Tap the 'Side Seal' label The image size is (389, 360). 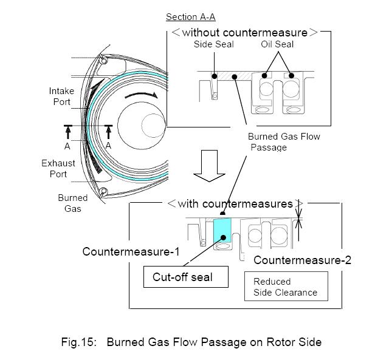point(214,44)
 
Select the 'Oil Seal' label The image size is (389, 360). point(277,44)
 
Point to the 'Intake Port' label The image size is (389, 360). point(61,96)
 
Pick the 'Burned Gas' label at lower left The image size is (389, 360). point(72,203)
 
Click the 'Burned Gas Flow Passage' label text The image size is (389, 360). point(284,141)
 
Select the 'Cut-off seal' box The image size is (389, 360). point(185,277)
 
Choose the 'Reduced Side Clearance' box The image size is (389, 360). point(286,287)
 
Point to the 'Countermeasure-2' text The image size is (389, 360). point(302,260)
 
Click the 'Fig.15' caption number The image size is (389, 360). point(79,342)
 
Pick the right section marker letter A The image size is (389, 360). point(108,146)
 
